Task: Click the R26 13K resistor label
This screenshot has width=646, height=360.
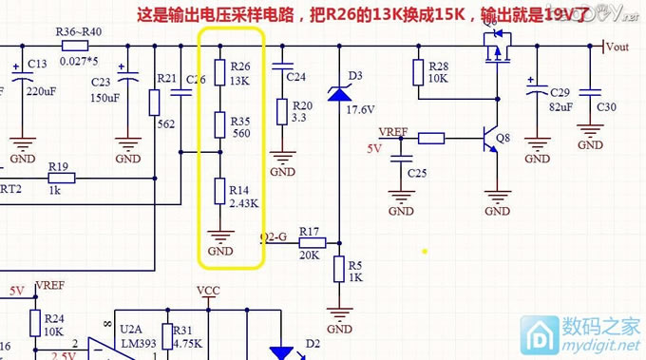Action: click(x=240, y=74)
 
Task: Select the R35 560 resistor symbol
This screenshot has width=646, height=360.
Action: click(x=219, y=127)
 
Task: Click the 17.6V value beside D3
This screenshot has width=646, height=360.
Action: click(x=360, y=109)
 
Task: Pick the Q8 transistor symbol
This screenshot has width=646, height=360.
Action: click(x=490, y=139)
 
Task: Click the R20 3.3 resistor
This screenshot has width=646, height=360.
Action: click(x=281, y=111)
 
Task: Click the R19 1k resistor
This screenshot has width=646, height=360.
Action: click(x=59, y=178)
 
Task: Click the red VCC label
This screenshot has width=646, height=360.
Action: click(x=207, y=290)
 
